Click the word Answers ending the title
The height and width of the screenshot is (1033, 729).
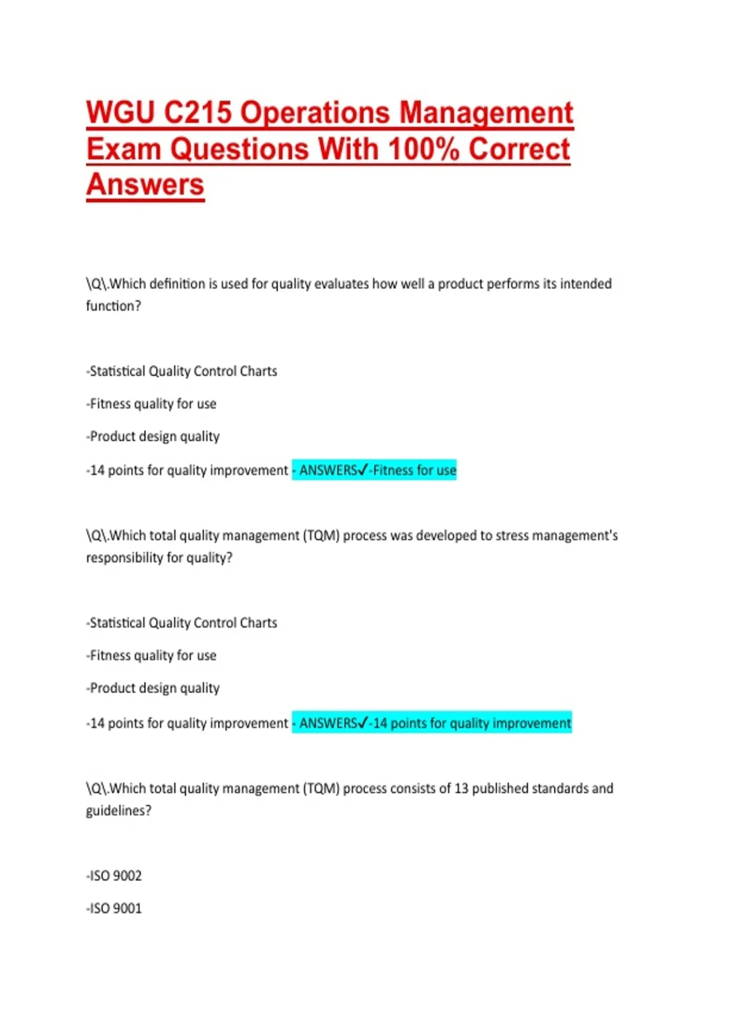point(145,185)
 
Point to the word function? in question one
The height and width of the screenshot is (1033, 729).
point(114,306)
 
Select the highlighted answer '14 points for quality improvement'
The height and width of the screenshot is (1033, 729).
point(472,723)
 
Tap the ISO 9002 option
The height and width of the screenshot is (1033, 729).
point(115,876)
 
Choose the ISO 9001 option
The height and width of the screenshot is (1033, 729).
point(115,909)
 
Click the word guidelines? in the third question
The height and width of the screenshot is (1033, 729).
point(118,811)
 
